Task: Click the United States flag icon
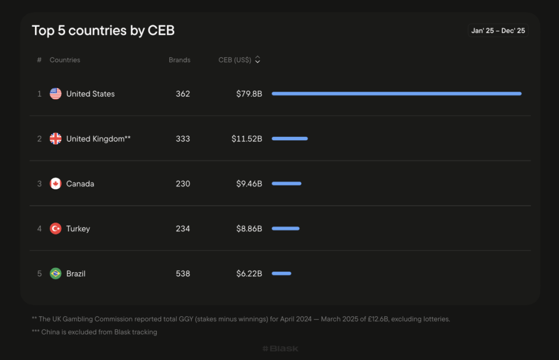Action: (x=56, y=94)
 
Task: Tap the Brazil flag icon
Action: (x=56, y=274)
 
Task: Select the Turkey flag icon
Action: (x=56, y=229)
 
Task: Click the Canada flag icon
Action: (x=56, y=184)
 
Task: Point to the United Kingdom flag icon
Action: (x=56, y=139)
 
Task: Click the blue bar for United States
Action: (x=396, y=94)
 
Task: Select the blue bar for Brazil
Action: (x=282, y=273)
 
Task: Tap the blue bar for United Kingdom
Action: (x=290, y=139)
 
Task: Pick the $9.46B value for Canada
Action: (x=249, y=184)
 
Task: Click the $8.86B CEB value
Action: (x=249, y=229)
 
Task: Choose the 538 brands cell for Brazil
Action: (x=183, y=274)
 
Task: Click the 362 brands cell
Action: (x=183, y=94)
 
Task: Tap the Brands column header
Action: (x=180, y=60)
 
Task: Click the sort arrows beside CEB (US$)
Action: (x=258, y=60)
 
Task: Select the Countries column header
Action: (x=65, y=60)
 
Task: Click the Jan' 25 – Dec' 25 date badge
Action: (x=498, y=31)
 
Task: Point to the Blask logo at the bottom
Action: (x=280, y=349)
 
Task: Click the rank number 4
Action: (x=39, y=229)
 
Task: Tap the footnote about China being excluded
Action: (x=94, y=332)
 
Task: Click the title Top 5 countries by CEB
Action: (x=103, y=31)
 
